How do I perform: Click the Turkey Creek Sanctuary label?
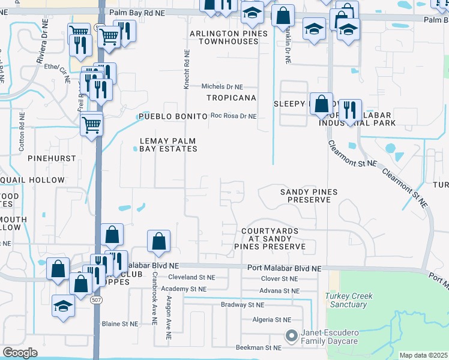[349, 300]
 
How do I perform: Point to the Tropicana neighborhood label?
[231, 97]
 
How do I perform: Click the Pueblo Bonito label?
[172, 116]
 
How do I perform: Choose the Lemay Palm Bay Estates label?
[167, 145]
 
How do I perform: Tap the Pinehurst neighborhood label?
[52, 158]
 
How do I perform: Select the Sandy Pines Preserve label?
[309, 196]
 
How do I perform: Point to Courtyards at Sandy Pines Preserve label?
[274, 238]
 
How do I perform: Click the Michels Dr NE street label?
[222, 86]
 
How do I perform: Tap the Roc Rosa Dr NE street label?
[234, 116]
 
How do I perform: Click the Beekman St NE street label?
[258, 347]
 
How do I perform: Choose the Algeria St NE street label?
[271, 320]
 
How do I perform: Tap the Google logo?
[20, 353]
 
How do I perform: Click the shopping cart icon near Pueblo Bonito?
[92, 125]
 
